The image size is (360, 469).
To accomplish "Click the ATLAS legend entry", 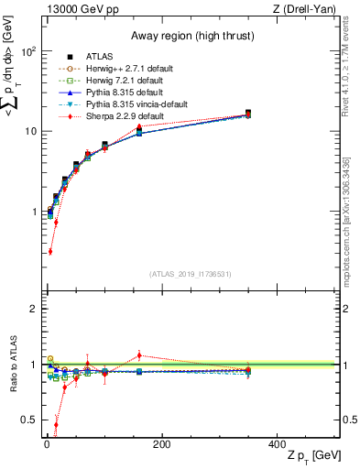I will pos(101,56).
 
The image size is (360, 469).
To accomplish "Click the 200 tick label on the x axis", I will pos(161,443).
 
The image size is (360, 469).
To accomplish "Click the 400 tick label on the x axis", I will pos(277,443).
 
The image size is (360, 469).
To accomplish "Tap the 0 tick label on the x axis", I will pos(47,443).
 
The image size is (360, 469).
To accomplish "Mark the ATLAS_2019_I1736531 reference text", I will pos(191,273).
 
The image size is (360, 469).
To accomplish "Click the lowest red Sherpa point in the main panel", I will pos(49,251).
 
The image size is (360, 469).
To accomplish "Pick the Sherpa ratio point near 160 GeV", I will pos(139,354).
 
